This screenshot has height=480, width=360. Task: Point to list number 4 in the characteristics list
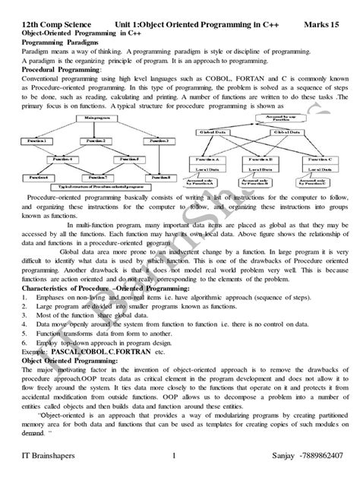coord(25,323)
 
